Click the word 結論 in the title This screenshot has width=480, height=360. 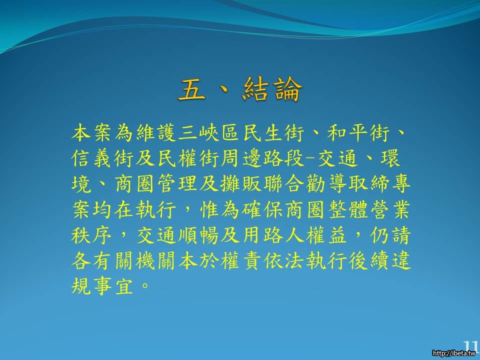272,89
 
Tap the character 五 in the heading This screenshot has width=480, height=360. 191,89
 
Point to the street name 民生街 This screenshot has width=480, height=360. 273,133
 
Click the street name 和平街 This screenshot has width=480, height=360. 358,133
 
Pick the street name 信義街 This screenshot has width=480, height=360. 103,158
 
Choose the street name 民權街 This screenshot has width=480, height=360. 188,158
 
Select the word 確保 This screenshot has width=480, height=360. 262,209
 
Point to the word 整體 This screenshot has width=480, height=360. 348,209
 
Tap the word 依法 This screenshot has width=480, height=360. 284,261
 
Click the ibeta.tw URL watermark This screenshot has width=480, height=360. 454,353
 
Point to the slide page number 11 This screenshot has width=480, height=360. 470,346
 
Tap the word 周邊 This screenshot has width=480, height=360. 241,158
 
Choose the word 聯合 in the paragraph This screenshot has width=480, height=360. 284,184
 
